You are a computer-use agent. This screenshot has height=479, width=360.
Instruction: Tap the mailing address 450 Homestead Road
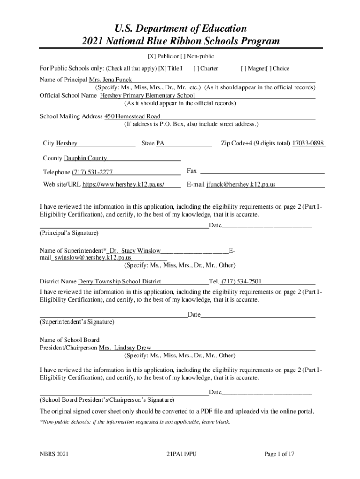coord(132,116)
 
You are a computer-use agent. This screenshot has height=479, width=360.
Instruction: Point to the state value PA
coord(160,143)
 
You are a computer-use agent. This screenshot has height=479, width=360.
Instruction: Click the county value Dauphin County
coord(85,158)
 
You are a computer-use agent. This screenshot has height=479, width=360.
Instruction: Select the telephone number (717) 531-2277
coord(92,172)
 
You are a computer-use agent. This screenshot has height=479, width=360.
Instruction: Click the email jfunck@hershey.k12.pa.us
coord(241,184)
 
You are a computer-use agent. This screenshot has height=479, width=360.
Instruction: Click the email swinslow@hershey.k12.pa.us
coord(93,257)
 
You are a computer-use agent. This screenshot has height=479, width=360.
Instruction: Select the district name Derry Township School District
coord(119,282)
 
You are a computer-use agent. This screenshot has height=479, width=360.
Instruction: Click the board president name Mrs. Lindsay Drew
coord(125,348)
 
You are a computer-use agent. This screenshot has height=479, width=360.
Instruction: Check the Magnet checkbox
coord(243,68)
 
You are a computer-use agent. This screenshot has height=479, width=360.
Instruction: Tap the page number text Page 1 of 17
coord(279,454)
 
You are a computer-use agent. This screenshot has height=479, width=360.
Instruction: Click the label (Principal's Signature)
coord(69,232)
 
